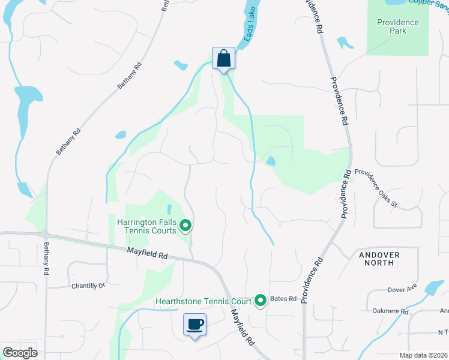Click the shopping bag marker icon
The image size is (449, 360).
pyautogui.click(x=223, y=59)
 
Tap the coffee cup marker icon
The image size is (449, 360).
pyautogui.click(x=194, y=325)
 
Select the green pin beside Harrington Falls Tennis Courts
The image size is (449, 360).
pyautogui.click(x=185, y=226)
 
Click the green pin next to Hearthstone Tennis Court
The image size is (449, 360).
pyautogui.click(x=261, y=299)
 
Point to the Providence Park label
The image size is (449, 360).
pyautogui.click(x=397, y=26)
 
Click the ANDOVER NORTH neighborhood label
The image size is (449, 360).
pyautogui.click(x=379, y=259)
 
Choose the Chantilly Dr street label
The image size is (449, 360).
pyautogui.click(x=88, y=286)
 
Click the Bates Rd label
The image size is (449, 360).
pyautogui.click(x=284, y=299)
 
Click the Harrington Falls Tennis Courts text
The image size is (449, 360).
pyautogui.click(x=146, y=226)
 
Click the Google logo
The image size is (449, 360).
pyautogui.click(x=20, y=353)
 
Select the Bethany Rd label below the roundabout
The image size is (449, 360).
pyautogui.click(x=46, y=259)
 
